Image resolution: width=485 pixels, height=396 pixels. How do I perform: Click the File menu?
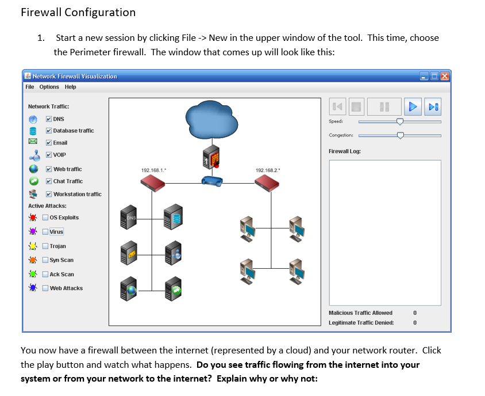(x=29, y=87)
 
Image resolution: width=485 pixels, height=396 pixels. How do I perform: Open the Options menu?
(x=49, y=87)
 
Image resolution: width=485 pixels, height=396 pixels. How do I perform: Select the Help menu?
(x=70, y=87)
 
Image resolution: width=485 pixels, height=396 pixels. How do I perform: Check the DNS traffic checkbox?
(x=49, y=119)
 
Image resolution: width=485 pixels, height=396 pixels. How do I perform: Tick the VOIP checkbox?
(x=49, y=155)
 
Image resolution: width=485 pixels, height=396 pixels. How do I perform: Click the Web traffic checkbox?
(x=49, y=169)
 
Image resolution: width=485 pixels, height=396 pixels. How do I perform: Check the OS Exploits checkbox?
(x=45, y=218)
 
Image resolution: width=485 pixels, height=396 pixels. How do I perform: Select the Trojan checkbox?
(x=45, y=246)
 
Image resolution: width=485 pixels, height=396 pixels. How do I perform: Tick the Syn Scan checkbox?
(x=45, y=260)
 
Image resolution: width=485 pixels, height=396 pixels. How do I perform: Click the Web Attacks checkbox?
(x=45, y=288)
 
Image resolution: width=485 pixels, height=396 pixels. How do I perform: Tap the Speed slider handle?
(x=400, y=121)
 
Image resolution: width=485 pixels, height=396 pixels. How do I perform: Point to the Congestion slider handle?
(x=400, y=135)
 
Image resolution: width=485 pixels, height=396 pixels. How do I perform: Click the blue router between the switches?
(x=212, y=181)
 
